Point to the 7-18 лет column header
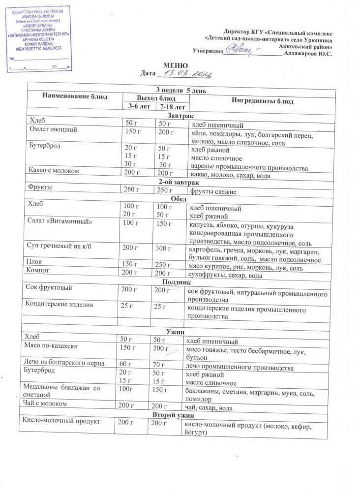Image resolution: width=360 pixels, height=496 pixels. point(170,107)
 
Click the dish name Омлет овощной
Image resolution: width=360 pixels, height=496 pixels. point(53,130)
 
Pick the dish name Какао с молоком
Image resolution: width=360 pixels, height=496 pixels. point(56,171)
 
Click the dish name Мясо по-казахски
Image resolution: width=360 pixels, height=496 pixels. point(54,346)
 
